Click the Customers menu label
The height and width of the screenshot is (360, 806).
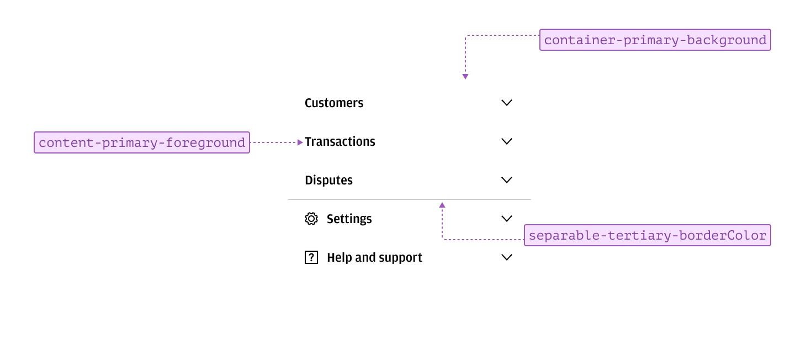point(334,103)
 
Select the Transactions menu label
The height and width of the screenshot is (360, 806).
point(340,142)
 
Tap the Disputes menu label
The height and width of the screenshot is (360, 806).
point(328,181)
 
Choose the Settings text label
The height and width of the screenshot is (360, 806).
point(349,219)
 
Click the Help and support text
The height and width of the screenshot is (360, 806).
point(374,258)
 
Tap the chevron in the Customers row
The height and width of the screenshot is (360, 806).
point(507,103)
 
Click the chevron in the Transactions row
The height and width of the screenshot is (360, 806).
point(507,141)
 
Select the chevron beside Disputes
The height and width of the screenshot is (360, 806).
point(507,180)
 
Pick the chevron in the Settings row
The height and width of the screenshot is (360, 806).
point(507,219)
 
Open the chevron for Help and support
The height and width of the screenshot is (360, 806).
point(507,257)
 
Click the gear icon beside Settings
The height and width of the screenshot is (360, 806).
point(311,219)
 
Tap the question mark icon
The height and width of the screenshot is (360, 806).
point(311,257)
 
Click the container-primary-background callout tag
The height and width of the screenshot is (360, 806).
point(655,40)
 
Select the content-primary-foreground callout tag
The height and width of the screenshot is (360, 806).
point(142,142)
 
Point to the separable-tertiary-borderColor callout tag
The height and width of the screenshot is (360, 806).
point(648,236)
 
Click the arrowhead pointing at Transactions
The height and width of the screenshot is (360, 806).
point(300,142)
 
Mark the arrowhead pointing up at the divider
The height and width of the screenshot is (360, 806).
point(442,205)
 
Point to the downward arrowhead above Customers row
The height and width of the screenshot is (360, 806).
point(465,77)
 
